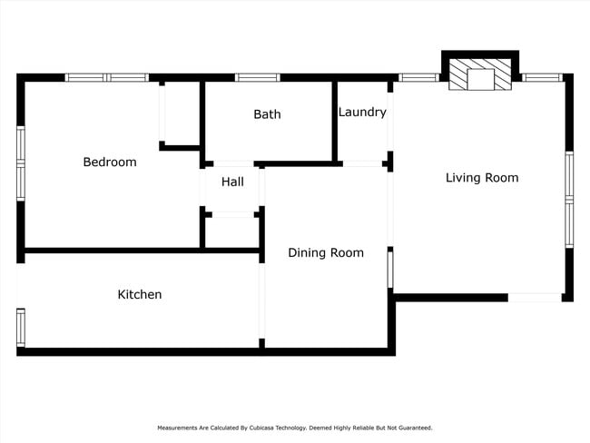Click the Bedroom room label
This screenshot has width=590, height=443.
point(109,162)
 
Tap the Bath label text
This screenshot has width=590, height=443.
point(267,114)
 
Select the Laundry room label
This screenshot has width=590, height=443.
point(362,113)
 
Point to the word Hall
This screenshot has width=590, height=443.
point(232,182)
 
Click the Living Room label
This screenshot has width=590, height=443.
point(482,178)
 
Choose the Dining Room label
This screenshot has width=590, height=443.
point(326,253)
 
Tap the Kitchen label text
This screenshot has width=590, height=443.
point(140,295)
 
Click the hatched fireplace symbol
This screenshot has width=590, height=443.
point(480,77)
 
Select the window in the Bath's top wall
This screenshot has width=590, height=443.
point(257,78)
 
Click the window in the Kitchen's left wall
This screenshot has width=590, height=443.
point(21,327)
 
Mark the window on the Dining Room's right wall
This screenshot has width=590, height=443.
point(390,269)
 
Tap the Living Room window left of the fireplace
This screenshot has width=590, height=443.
point(418,78)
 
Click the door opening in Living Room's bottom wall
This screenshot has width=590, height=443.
point(534,297)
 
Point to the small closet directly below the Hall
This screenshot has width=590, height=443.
point(232,231)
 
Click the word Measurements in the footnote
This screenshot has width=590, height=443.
point(180,428)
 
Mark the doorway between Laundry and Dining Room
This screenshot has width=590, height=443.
point(362,164)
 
